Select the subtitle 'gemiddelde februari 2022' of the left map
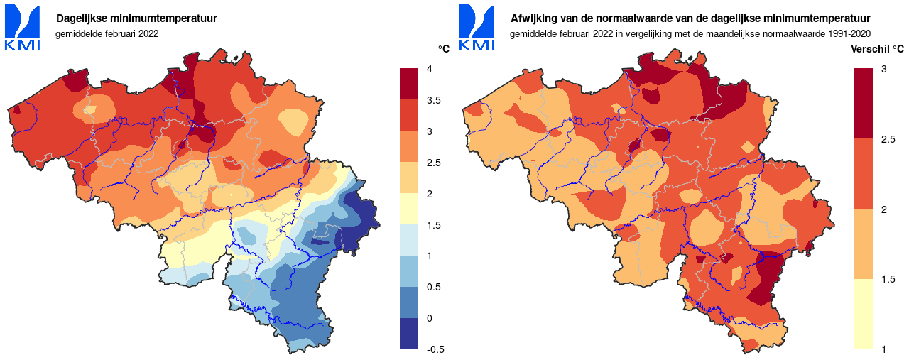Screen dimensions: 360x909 (107, 33)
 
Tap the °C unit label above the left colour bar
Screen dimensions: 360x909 (444, 49)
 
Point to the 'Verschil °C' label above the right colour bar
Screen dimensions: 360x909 (877, 49)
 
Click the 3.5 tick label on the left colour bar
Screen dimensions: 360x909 (434, 100)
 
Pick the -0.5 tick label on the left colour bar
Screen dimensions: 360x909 (435, 349)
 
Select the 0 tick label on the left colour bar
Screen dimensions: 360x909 (429, 318)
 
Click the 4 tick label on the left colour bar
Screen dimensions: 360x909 (429, 69)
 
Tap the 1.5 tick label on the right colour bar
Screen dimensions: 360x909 (888, 279)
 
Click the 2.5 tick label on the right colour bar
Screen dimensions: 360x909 (888, 139)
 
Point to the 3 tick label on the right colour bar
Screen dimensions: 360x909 (883, 69)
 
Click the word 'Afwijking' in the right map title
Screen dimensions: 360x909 (533, 18)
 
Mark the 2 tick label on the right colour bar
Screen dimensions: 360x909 (883, 209)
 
